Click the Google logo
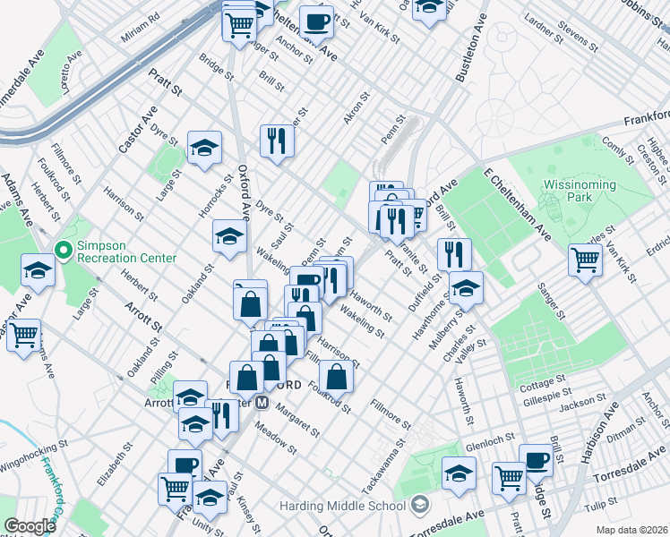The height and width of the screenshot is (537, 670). [x=29, y=526]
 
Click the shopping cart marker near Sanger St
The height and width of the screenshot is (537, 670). [x=585, y=260]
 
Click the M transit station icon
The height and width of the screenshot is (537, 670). [x=262, y=403]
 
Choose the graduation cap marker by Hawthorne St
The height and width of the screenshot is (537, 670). [x=466, y=288]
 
